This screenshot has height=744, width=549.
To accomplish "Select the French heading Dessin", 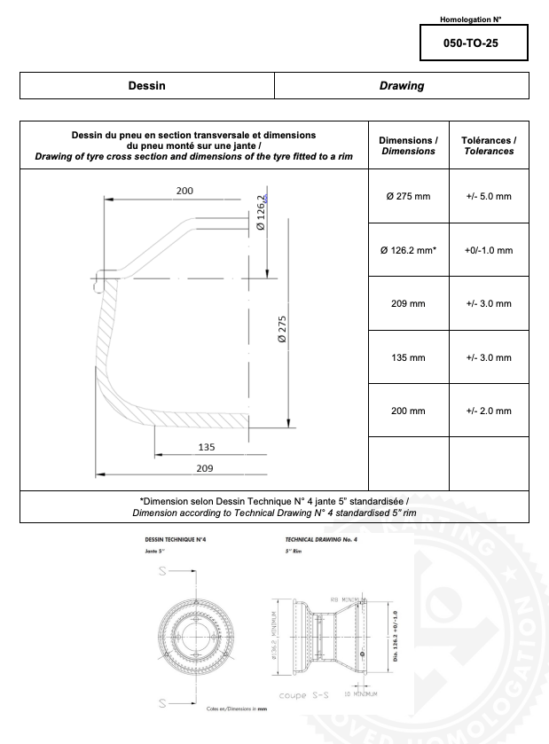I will click(146, 86).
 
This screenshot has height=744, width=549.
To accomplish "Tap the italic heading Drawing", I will click(402, 86).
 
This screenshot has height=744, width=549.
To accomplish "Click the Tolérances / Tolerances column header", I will click(489, 145).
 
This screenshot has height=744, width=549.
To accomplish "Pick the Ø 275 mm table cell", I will click(408, 196).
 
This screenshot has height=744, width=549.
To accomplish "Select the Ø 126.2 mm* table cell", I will click(408, 250).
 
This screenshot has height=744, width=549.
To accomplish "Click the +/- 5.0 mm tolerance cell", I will click(489, 196).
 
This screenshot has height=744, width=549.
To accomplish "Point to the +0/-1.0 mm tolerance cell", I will click(489, 250).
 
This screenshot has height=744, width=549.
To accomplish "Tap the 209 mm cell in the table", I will click(408, 303).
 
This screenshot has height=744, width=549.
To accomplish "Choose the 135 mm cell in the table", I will click(408, 357).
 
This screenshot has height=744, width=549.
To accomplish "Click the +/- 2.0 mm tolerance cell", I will click(489, 411).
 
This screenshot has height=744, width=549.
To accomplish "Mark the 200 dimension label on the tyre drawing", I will click(184, 191).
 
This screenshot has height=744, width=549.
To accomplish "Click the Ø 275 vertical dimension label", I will click(282, 333).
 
